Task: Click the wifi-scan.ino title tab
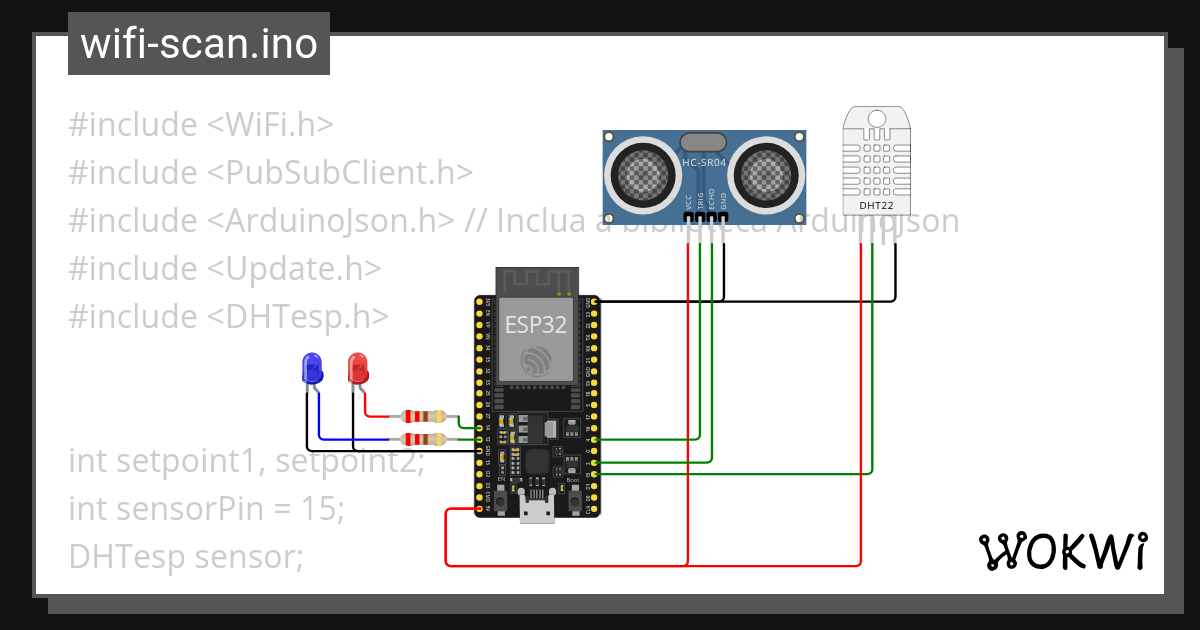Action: pyautogui.click(x=198, y=45)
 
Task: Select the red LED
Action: pyautogui.click(x=357, y=368)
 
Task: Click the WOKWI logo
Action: pyautogui.click(x=1062, y=551)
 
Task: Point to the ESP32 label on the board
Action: pyautogui.click(x=537, y=325)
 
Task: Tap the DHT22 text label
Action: pyautogui.click(x=877, y=205)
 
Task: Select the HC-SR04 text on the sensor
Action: pyautogui.click(x=704, y=163)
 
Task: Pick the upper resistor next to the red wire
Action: pyautogui.click(x=424, y=417)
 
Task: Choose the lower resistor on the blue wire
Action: pyautogui.click(x=424, y=439)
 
